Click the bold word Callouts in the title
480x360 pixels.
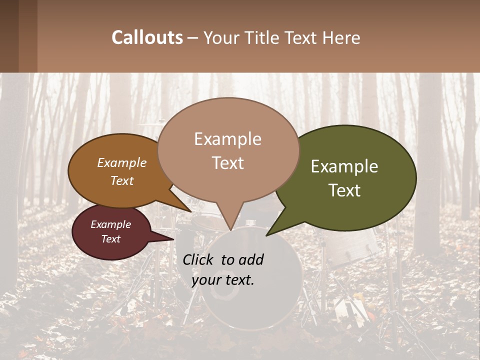pos(147,37)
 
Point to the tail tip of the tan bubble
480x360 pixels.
pos(230,230)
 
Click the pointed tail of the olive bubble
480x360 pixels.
pos(268,234)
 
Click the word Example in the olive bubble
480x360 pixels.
pos(344,166)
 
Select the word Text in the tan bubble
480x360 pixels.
pos(228,163)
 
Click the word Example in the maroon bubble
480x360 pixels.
pos(110,224)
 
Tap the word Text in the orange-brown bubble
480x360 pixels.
pos(122,181)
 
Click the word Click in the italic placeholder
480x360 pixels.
pos(199,259)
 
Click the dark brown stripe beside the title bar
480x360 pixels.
pos(9,36)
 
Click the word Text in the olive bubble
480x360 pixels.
pos(345,190)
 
